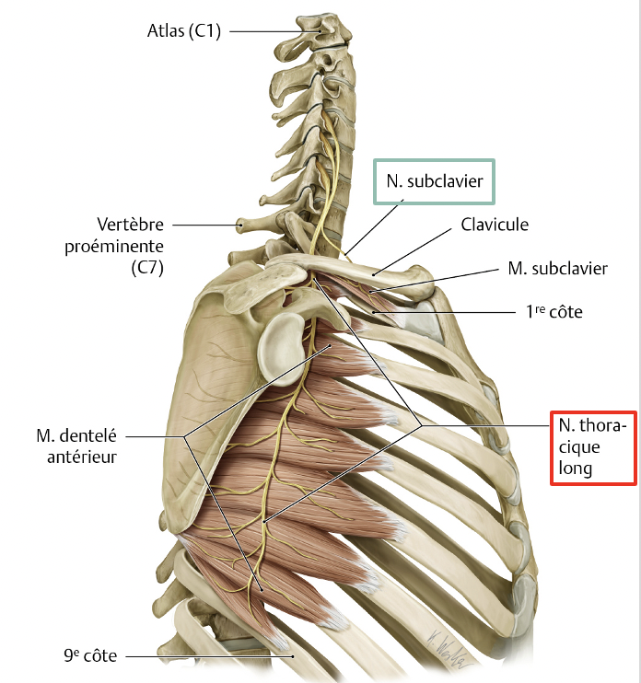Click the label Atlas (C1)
(x=185, y=31)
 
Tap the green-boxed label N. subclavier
(x=434, y=181)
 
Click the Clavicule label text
(x=495, y=225)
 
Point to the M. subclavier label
(x=557, y=269)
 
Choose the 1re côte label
(x=550, y=313)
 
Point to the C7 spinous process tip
(x=242, y=222)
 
